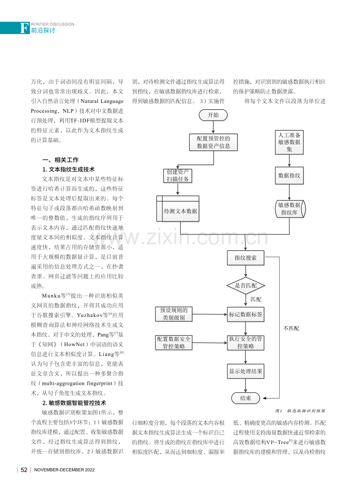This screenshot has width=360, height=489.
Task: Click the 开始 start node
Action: click(x=213, y=115)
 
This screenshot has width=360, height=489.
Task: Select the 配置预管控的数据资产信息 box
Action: click(x=213, y=142)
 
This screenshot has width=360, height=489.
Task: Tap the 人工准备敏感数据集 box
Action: click(x=289, y=142)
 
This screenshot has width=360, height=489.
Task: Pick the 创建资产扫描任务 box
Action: click(x=178, y=175)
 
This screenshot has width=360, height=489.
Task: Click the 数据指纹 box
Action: click(x=289, y=175)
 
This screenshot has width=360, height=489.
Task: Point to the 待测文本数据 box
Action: click(x=178, y=209)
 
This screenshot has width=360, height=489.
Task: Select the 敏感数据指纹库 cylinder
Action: click(x=290, y=209)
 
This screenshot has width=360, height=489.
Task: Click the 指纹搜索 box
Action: click(x=245, y=258)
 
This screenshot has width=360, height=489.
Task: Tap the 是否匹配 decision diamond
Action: click(x=246, y=285)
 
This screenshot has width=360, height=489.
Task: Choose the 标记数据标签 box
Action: click(x=245, y=314)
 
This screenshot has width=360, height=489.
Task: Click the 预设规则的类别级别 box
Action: click(x=174, y=314)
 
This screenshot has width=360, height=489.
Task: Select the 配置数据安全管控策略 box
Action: click(x=174, y=343)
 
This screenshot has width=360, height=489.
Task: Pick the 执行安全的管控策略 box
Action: click(x=245, y=343)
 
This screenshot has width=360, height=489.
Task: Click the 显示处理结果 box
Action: click(x=245, y=371)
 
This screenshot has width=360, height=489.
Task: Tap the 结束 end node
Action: click(x=245, y=398)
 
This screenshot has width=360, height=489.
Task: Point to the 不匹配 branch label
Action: click(x=291, y=328)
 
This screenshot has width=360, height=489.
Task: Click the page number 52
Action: click(x=24, y=470)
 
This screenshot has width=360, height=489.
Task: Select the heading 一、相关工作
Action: click(x=60, y=160)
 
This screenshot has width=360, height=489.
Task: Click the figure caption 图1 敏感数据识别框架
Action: click(x=300, y=411)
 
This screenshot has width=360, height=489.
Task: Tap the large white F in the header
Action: click(x=24, y=28)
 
